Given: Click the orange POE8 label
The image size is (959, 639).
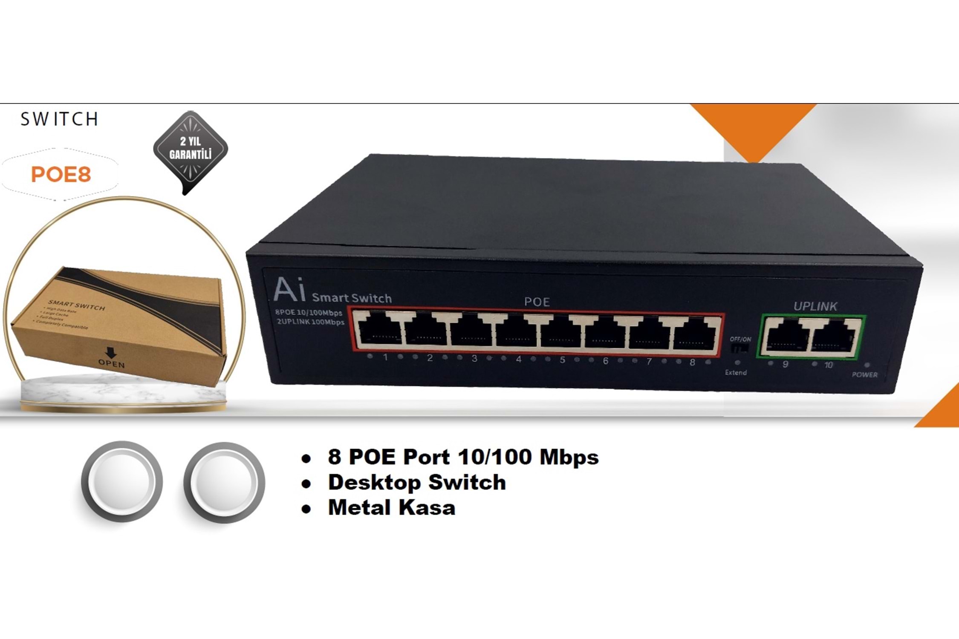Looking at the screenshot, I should coord(61,174).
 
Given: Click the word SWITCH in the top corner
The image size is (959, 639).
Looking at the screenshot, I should coord(59,119).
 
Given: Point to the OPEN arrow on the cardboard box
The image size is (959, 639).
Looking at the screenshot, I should coord(111,353).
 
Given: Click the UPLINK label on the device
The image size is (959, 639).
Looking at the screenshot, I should coord(815,306).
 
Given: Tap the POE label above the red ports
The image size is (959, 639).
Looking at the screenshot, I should coord(537,302).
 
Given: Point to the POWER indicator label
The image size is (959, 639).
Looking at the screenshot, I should coord(864,374).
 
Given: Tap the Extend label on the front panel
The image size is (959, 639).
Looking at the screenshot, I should coord(736,372).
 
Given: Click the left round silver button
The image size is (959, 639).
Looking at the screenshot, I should coord(122,481).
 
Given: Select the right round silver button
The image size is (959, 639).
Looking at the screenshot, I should coord(224,482).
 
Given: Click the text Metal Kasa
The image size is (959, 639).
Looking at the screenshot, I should coord(391,508).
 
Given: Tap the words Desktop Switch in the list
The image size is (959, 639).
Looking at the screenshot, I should coord(416,482).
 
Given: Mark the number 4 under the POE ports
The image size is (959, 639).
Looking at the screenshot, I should coord(518,359).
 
